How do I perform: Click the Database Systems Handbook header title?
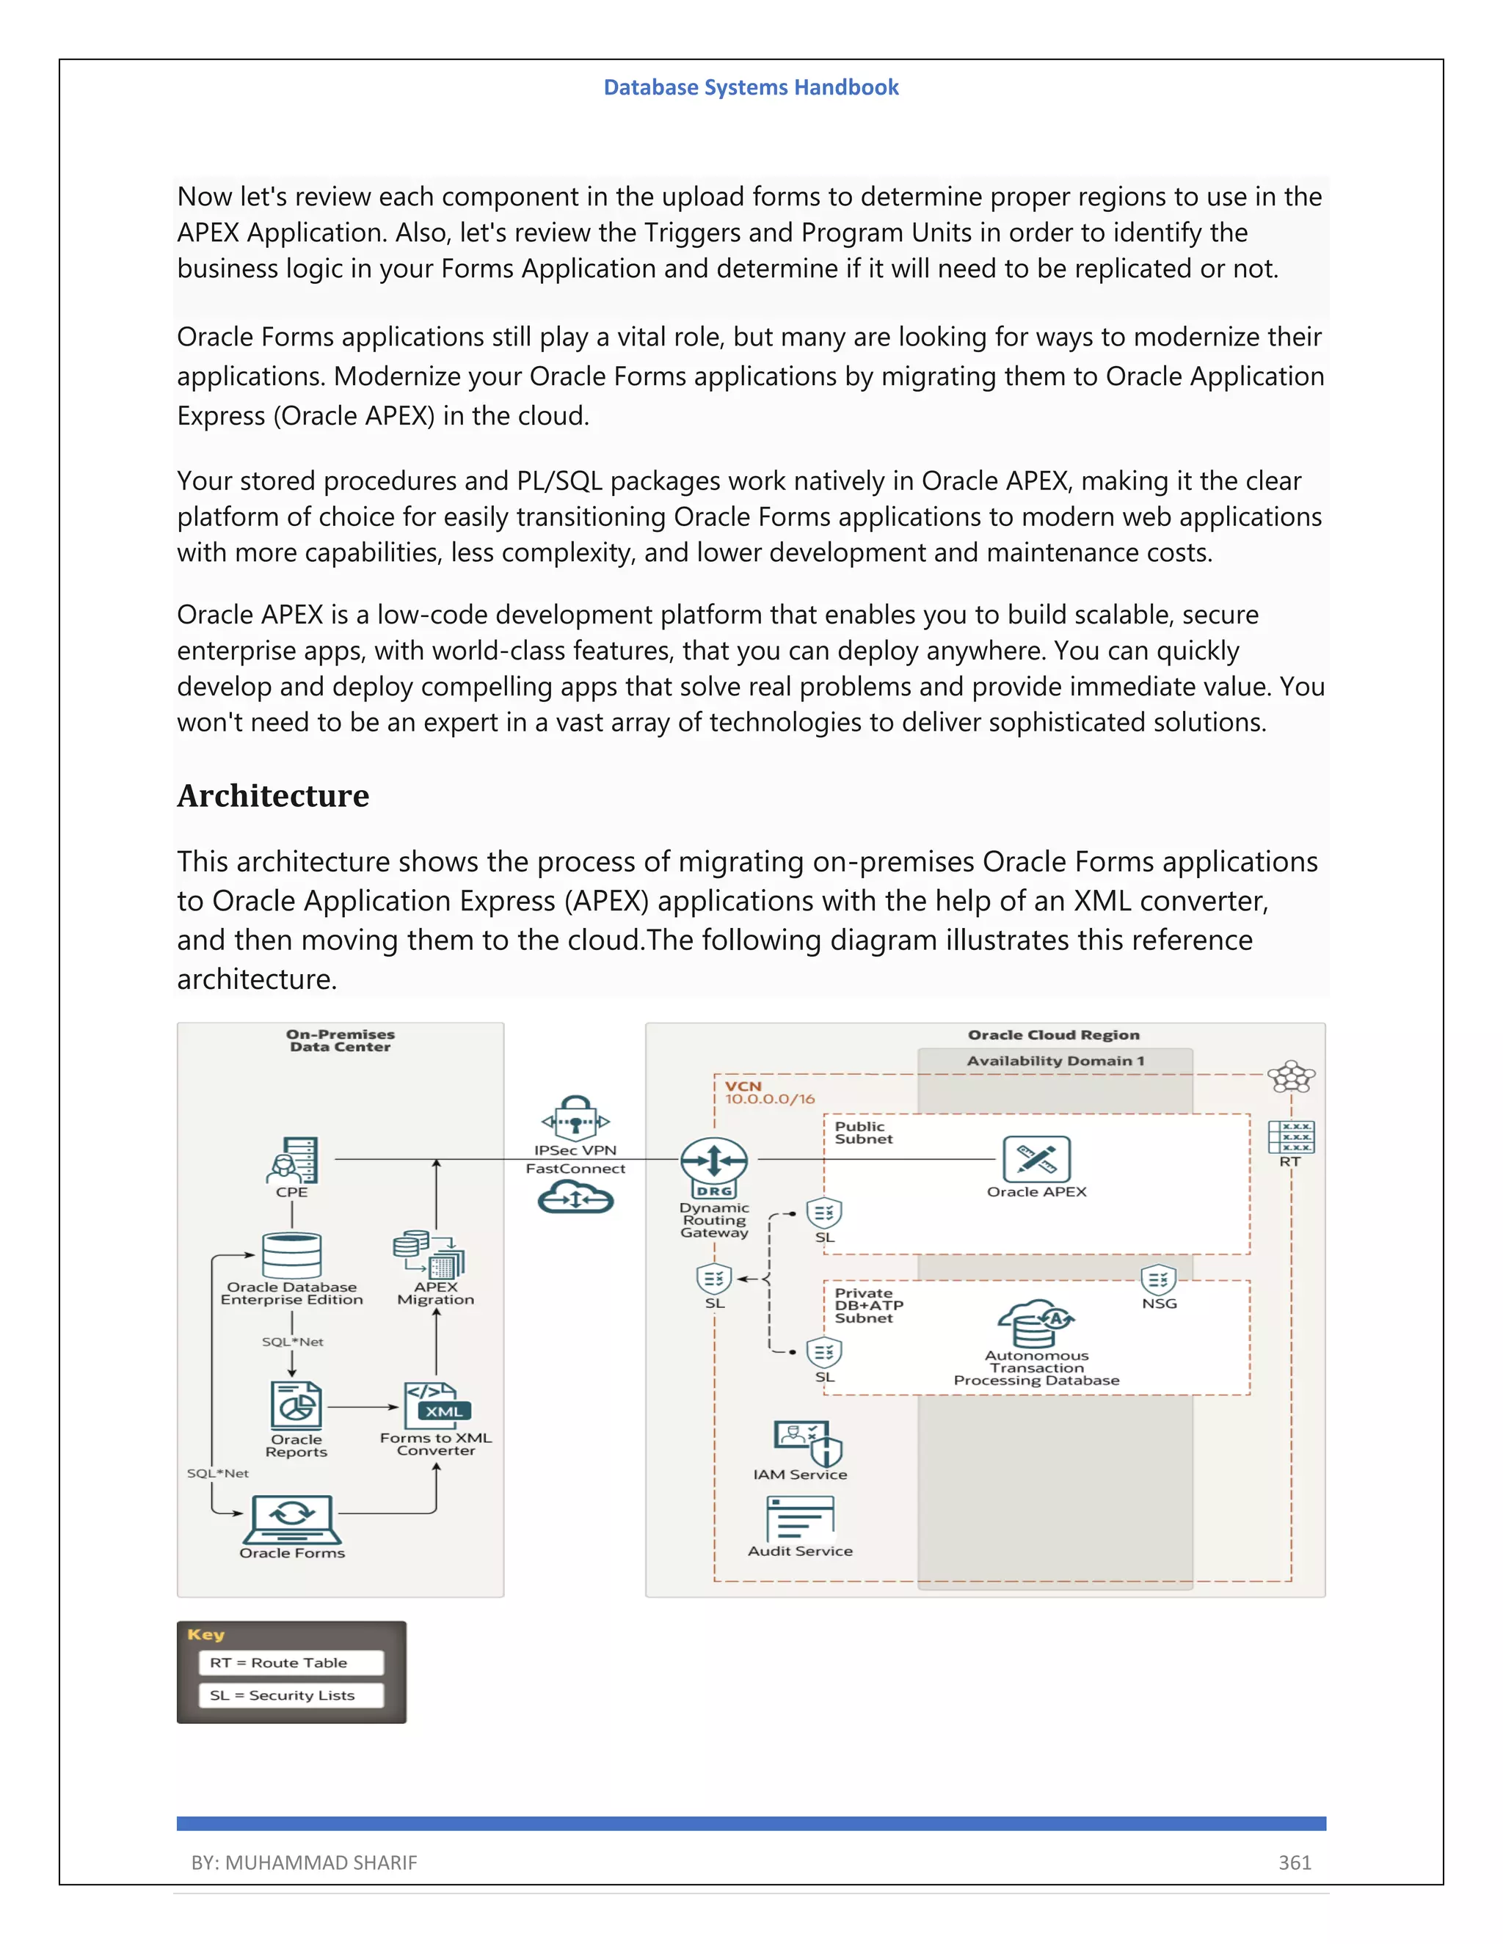click(751, 87)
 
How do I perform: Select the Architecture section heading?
click(272, 795)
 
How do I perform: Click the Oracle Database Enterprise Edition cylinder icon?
click(291, 1255)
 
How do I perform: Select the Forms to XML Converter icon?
click(437, 1406)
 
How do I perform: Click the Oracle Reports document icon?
click(296, 1406)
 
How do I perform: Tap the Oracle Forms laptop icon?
click(292, 1519)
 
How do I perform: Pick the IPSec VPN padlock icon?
click(575, 1118)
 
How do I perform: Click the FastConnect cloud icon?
click(575, 1197)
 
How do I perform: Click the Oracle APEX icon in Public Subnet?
click(1036, 1159)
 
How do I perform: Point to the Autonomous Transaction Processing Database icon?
click(1036, 1323)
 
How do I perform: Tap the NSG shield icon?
click(1158, 1280)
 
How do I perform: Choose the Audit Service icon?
click(800, 1518)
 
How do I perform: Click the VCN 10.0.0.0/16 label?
click(768, 1092)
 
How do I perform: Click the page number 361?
click(1295, 1862)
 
